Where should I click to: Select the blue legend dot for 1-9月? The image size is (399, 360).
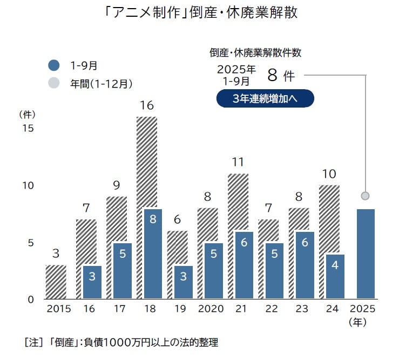click(53, 65)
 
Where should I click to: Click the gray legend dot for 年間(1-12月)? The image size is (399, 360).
click(53, 83)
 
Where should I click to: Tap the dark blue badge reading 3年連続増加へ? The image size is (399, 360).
click(265, 98)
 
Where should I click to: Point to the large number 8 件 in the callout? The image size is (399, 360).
click(280, 75)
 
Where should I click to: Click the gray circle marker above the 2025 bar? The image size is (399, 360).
click(366, 195)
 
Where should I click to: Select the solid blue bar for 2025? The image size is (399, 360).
click(365, 254)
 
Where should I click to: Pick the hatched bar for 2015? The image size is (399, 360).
click(56, 282)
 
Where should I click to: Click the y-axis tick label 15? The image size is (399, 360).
click(28, 129)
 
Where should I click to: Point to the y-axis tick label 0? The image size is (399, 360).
click(31, 299)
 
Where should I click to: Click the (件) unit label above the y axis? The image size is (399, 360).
click(28, 114)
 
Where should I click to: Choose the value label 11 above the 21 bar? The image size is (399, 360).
click(238, 162)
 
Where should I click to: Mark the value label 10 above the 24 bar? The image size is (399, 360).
click(329, 174)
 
